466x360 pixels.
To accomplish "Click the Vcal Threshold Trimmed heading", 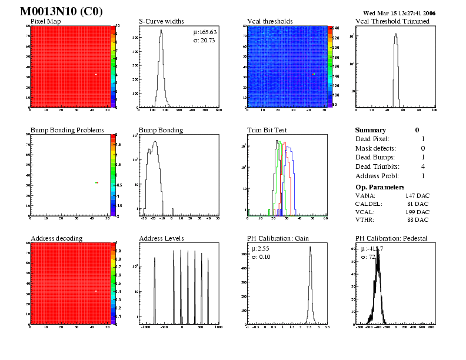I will (x=392, y=21).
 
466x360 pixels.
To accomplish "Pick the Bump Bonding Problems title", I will (x=67, y=130).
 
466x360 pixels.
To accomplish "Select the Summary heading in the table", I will (x=371, y=130).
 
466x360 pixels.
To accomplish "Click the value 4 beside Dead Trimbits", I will (x=423, y=166).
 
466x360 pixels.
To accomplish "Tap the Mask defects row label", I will (x=375, y=148).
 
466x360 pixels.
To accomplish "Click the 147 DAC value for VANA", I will (x=417, y=195).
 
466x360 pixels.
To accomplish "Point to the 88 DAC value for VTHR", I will (x=419, y=220).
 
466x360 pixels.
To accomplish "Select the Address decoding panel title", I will (x=56, y=238).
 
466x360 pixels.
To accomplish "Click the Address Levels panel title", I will (x=161, y=238).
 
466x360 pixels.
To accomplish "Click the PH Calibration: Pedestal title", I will (x=391, y=238).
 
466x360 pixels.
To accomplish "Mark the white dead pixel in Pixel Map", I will (x=95, y=74).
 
